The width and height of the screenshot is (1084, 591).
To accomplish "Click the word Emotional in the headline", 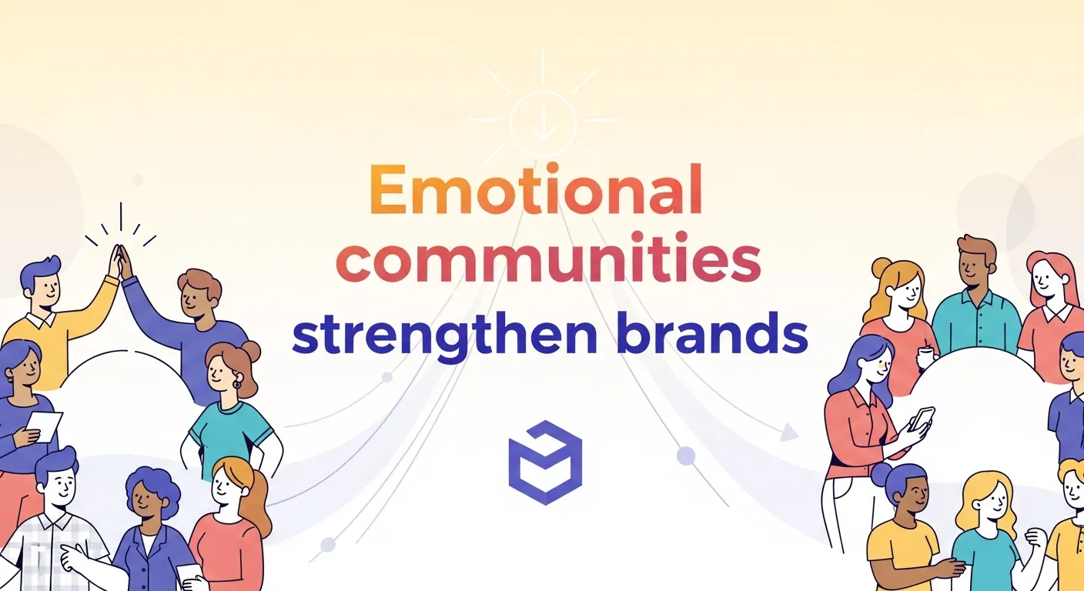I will tap(536, 190).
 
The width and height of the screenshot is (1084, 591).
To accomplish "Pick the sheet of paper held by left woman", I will tap(45, 426).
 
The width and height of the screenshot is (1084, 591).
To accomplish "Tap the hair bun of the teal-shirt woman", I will tap(251, 351).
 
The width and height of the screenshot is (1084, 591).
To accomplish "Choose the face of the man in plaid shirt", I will tap(59, 487).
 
